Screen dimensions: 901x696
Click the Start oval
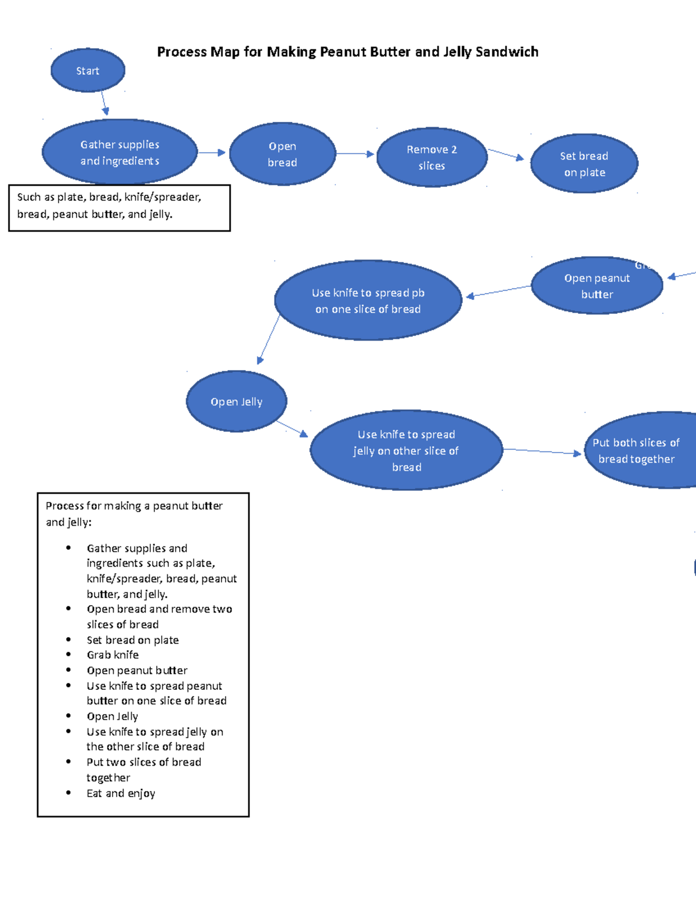click(88, 71)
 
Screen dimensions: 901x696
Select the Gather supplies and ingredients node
click(119, 153)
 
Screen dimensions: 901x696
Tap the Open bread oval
click(282, 154)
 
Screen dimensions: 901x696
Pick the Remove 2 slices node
click(432, 157)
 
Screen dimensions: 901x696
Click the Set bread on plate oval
click(584, 164)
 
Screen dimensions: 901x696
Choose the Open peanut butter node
click(597, 286)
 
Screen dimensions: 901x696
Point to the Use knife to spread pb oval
click(368, 301)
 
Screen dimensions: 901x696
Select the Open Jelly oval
click(236, 401)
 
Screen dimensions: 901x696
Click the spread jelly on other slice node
click(406, 450)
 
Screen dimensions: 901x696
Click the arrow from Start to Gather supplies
click(104, 103)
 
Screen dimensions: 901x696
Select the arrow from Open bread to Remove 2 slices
click(355, 154)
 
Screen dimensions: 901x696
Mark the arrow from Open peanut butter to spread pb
click(498, 291)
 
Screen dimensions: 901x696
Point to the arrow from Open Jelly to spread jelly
click(291, 429)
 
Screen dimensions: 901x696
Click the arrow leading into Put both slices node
click(542, 451)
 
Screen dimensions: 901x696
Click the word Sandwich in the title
click(506, 52)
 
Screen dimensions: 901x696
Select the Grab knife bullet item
click(113, 655)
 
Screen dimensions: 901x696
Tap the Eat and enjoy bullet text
click(121, 793)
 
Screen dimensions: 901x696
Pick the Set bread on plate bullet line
click(132, 640)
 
